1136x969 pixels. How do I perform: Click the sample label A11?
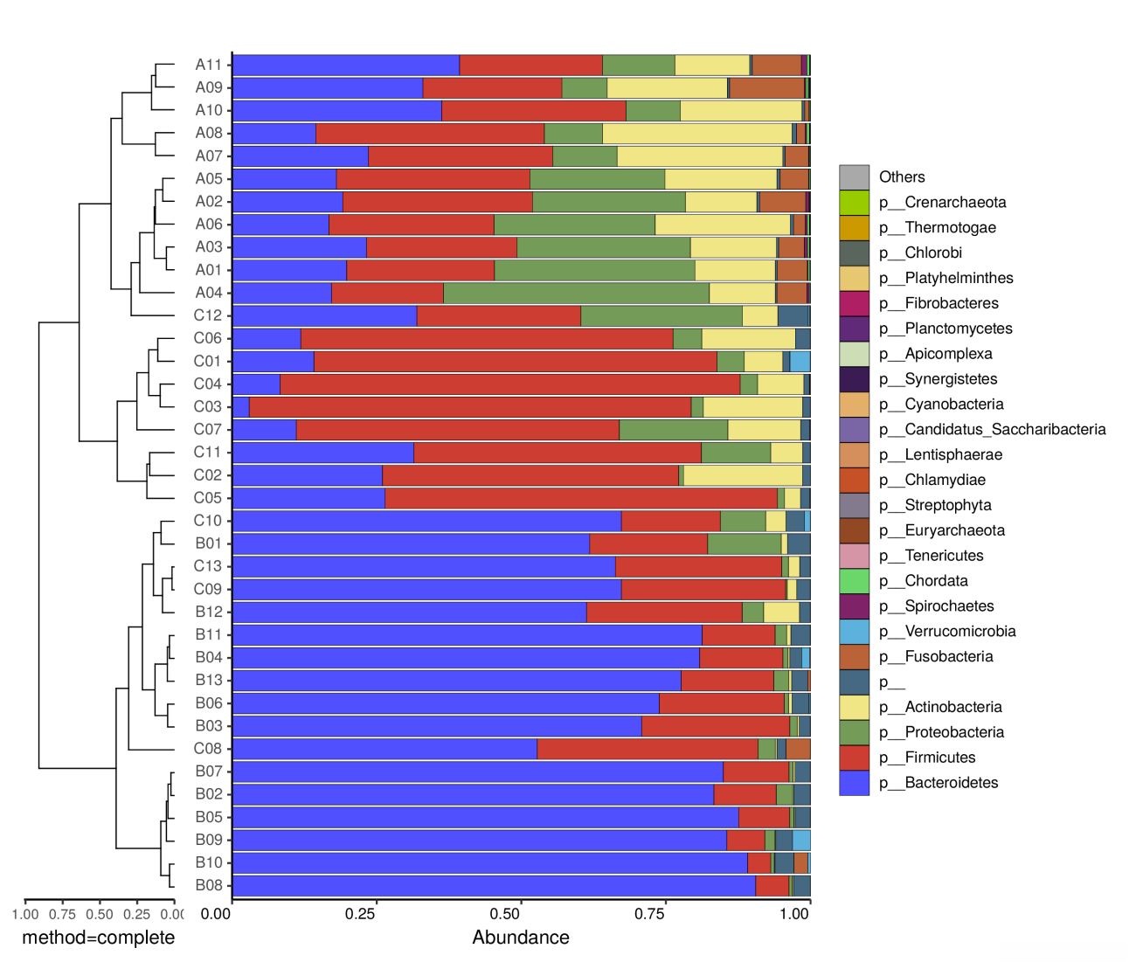(208, 65)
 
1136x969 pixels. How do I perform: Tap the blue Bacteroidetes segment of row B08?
(494, 885)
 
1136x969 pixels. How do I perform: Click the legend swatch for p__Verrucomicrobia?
(854, 632)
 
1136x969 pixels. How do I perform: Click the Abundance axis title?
(521, 938)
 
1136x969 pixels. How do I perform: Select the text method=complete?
(98, 938)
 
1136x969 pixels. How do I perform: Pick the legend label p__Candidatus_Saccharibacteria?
(992, 429)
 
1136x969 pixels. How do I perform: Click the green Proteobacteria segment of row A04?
(576, 293)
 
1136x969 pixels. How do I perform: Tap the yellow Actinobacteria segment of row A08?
(696, 133)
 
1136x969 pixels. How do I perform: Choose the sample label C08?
(208, 749)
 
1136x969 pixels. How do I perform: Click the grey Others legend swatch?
(854, 177)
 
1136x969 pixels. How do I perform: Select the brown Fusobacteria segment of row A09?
(766, 87)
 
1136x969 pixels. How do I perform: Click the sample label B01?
(208, 543)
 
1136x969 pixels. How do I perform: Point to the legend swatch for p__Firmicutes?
(854, 758)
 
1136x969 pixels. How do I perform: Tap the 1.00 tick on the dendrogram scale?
(25, 914)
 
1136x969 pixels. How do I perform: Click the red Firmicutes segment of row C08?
(647, 749)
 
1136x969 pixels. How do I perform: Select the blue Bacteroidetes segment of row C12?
(324, 315)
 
